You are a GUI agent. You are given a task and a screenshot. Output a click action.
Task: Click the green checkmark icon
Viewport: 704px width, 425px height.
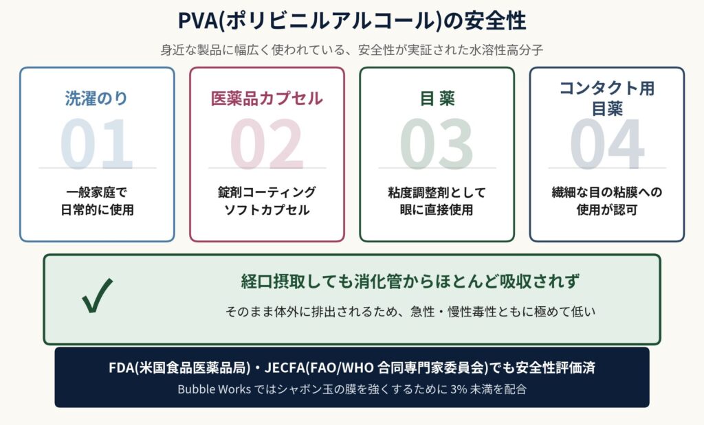97,297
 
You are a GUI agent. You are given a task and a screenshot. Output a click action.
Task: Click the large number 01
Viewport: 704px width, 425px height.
97,146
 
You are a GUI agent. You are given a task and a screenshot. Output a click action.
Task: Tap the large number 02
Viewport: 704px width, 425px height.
267,146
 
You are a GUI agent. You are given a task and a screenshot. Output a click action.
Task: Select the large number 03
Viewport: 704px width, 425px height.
437,146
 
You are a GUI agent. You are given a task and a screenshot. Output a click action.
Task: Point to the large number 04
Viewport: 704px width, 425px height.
607,146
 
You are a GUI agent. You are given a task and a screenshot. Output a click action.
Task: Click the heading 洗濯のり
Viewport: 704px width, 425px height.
97,98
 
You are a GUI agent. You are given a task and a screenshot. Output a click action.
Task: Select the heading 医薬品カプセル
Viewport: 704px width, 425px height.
267,98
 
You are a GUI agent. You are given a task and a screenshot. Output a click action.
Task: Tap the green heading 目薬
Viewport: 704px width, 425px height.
437,98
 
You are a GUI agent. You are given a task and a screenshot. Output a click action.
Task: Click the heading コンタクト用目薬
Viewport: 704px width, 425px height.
606,98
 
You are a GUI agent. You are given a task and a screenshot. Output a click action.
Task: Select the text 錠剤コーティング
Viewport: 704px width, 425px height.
267,192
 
